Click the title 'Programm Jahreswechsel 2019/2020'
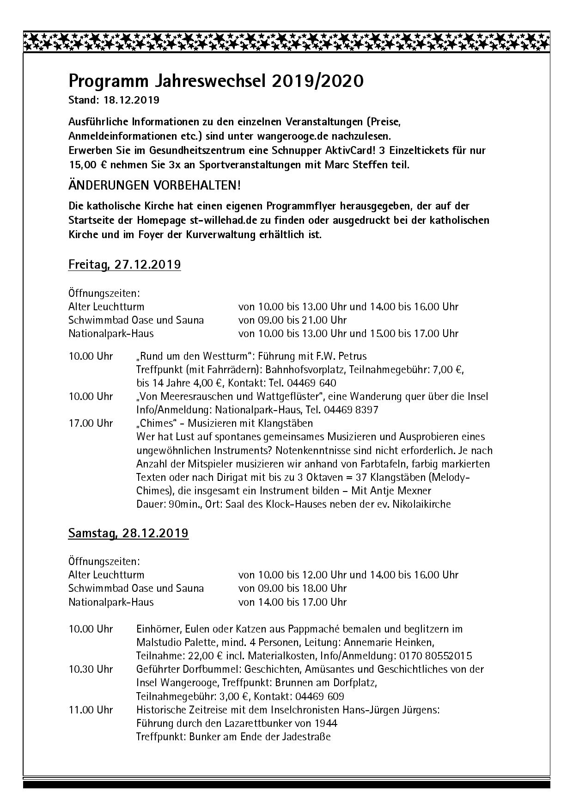(x=216, y=81)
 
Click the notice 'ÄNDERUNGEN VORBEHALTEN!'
(x=154, y=185)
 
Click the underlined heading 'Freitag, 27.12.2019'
(x=124, y=264)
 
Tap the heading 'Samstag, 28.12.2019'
(x=128, y=533)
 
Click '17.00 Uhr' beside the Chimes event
(x=91, y=423)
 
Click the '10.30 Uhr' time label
(x=91, y=669)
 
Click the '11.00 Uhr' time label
(x=91, y=710)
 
